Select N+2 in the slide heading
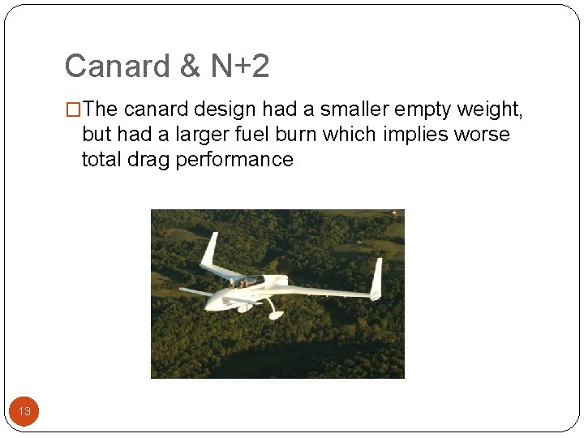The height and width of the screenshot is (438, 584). coord(240,67)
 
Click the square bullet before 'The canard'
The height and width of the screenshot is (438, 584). coord(74,109)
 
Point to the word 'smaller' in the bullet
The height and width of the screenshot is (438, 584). coord(348,109)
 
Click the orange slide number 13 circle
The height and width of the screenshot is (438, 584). coord(24,411)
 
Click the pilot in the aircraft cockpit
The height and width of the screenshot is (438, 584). coord(241,283)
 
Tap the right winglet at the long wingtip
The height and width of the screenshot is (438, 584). coord(376,278)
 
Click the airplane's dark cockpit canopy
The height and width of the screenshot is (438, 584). coord(253,280)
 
